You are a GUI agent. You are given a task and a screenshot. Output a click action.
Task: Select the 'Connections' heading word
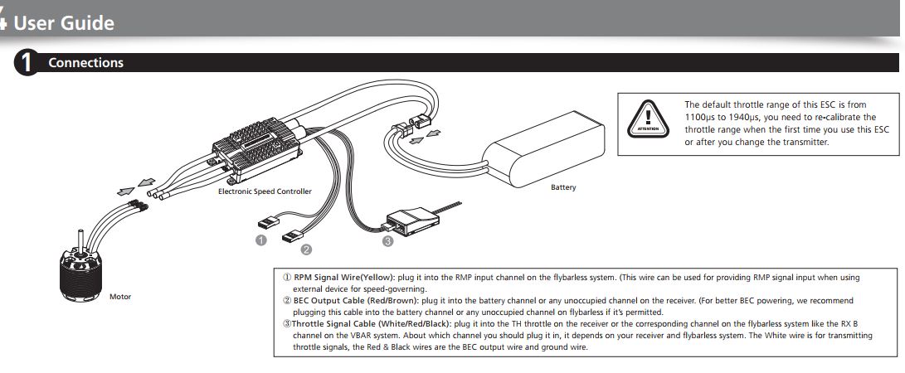(85, 63)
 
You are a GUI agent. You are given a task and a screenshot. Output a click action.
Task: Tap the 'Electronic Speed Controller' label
(265, 191)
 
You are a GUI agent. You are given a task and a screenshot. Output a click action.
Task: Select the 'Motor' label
(120, 295)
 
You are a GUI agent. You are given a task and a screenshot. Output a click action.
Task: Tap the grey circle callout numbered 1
(260, 240)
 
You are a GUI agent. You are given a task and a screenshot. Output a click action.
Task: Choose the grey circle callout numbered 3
(387, 241)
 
